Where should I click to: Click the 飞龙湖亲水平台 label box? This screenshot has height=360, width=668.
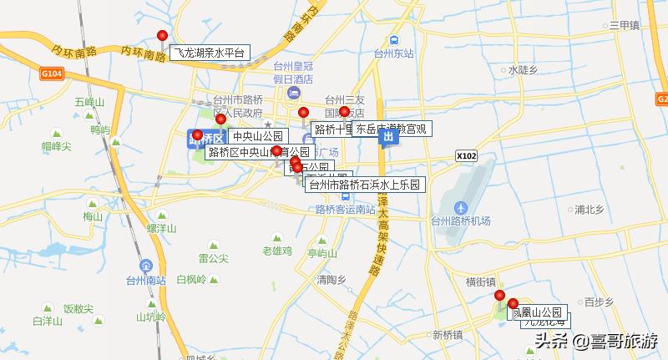210,53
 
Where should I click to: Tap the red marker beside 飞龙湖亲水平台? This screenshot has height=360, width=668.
162,35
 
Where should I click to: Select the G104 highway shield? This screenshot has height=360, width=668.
51,74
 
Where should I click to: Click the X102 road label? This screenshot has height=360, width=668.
467,155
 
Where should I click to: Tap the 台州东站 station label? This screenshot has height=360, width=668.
393,53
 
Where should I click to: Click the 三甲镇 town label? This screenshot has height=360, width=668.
624,26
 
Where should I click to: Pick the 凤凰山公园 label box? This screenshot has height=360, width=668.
537,312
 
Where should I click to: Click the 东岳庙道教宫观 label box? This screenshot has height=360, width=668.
391,129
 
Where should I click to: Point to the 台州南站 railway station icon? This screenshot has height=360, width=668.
147,265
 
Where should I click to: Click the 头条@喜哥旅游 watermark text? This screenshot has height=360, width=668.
596,341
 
